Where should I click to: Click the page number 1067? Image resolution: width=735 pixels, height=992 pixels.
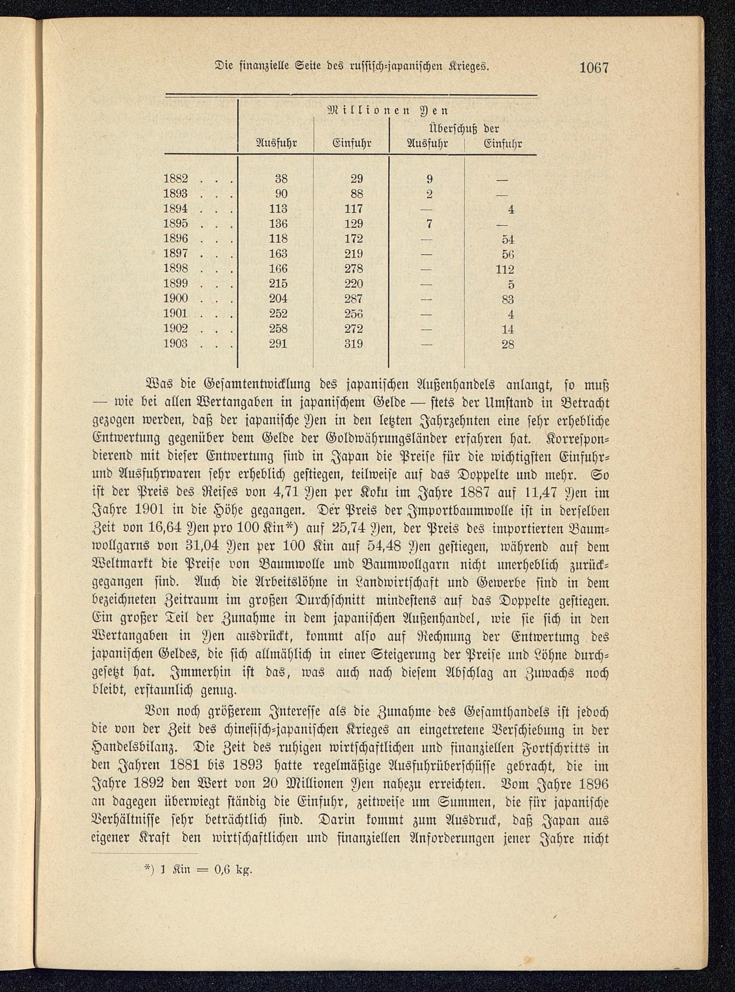click(594, 68)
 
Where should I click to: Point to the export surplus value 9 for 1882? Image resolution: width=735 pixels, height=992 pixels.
click(429, 179)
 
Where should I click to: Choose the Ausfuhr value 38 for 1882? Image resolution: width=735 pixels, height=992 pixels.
click(281, 179)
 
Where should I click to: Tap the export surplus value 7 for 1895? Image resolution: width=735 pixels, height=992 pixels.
click(429, 224)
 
